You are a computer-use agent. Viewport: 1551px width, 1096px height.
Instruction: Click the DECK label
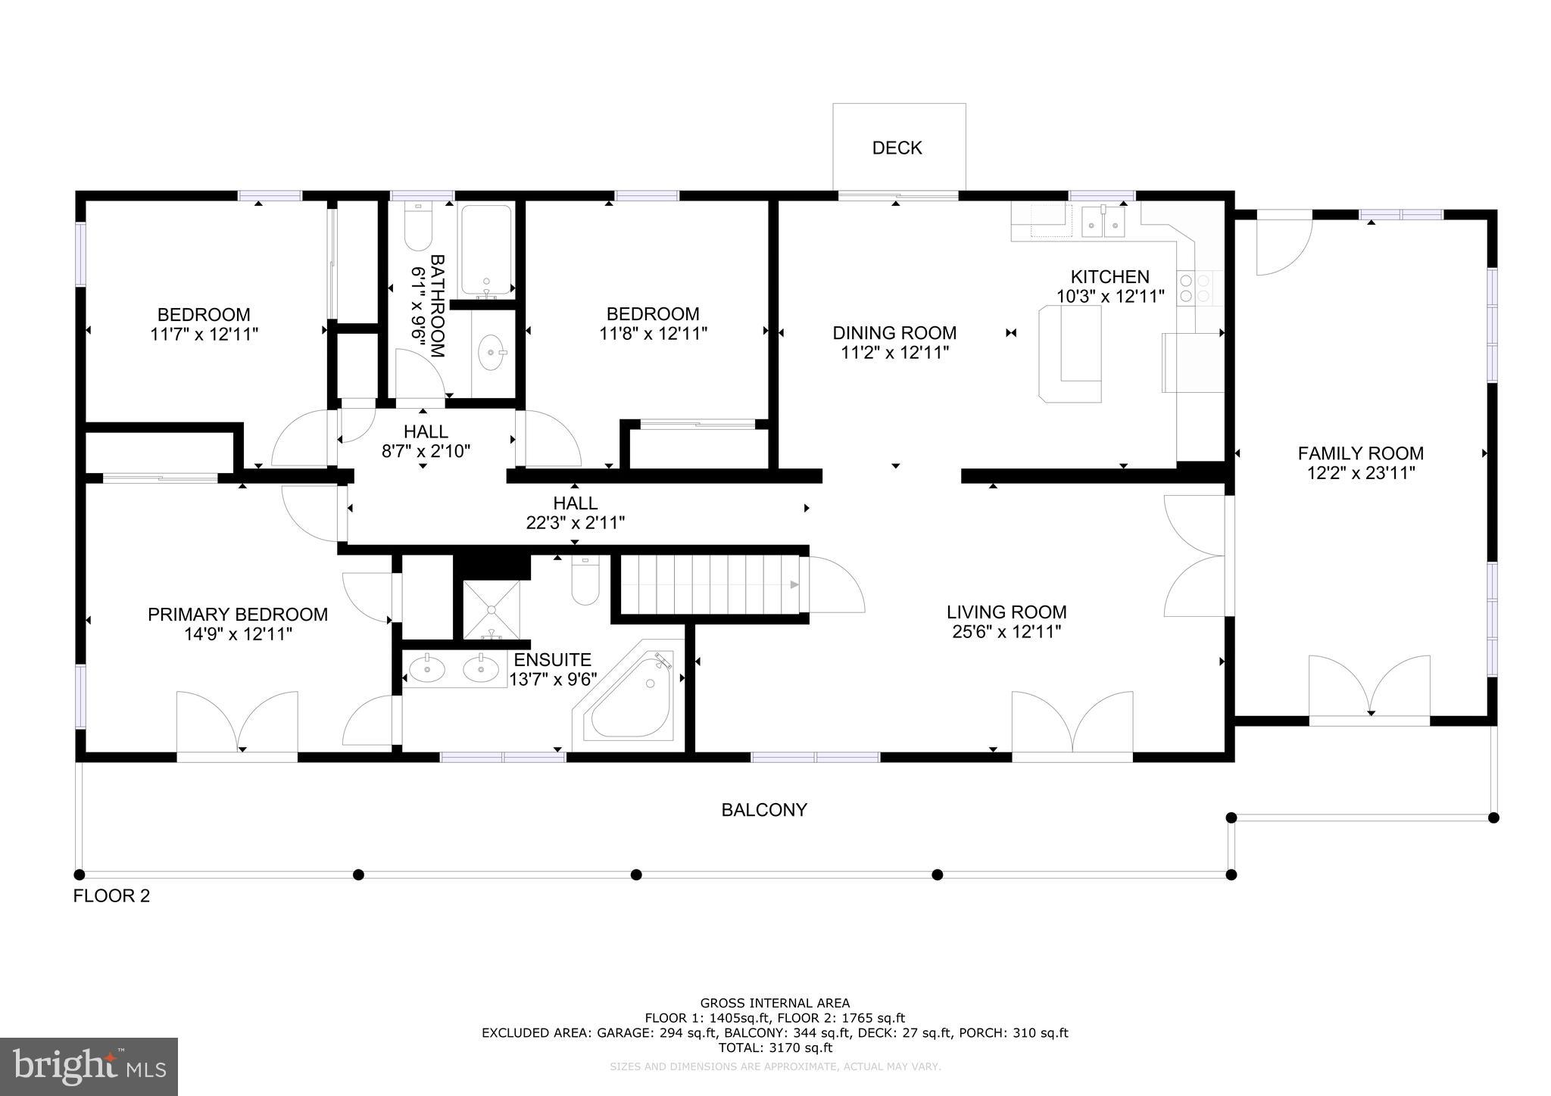tap(897, 148)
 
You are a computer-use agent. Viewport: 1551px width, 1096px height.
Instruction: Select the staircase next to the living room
tap(710, 585)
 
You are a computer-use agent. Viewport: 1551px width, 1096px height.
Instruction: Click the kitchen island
tap(1070, 353)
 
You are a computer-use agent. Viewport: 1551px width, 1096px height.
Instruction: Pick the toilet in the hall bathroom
tap(418, 226)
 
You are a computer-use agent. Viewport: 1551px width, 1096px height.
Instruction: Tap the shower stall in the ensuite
tap(492, 610)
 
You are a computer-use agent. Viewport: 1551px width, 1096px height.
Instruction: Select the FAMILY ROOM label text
tap(1360, 453)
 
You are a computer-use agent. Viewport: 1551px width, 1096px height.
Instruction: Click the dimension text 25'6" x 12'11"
tap(1006, 632)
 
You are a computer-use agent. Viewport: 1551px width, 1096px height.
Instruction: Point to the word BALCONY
tap(764, 810)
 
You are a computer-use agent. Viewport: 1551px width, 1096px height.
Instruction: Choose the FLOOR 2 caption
tap(111, 896)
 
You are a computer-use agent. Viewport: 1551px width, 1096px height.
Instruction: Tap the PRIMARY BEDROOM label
tap(238, 615)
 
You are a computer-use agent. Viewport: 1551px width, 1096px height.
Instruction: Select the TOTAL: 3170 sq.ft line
tap(774, 1048)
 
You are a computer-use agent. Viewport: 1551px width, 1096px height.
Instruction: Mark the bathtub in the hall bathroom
tap(485, 251)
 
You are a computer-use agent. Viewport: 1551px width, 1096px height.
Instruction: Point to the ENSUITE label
tap(552, 660)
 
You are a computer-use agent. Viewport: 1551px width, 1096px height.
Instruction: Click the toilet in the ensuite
tap(585, 581)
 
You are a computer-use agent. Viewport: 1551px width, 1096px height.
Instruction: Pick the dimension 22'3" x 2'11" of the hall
tap(576, 522)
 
